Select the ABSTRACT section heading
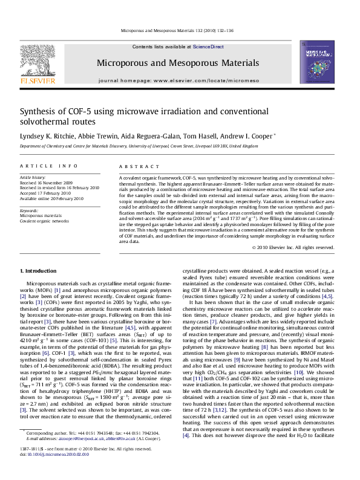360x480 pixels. tap(134, 166)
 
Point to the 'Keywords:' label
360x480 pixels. tap(29, 210)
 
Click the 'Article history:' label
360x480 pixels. tap(33, 178)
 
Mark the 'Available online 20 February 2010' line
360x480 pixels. tap(53, 198)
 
